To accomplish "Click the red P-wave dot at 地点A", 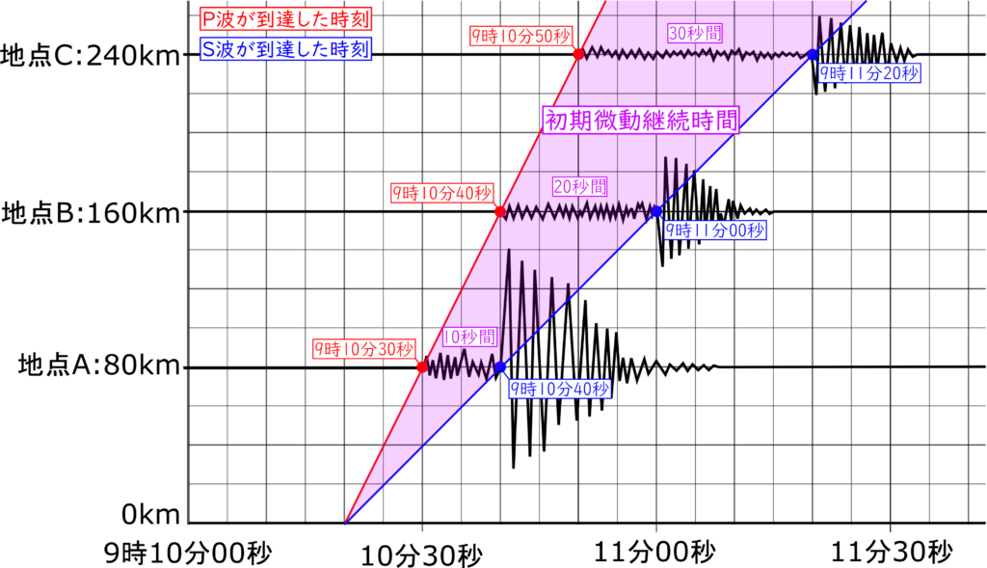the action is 422,366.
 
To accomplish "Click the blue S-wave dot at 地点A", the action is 500,366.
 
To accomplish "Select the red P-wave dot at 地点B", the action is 500,211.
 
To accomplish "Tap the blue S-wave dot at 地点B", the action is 655,211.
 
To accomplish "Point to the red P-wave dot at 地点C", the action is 578,55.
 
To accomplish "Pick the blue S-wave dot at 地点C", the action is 813,55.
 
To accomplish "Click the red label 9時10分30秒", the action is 363,349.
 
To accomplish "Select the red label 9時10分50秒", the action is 521,36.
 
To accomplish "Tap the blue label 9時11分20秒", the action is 869,73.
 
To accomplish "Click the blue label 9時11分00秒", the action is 715,230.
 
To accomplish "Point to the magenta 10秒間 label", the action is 469,337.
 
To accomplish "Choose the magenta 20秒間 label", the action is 579,186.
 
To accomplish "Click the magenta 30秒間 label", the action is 695,33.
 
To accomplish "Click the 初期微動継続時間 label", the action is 641,120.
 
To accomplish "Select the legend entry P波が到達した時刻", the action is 285,19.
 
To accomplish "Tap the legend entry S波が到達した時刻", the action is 285,49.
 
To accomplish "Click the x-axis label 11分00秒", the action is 655,553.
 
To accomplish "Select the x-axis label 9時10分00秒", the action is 188,554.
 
